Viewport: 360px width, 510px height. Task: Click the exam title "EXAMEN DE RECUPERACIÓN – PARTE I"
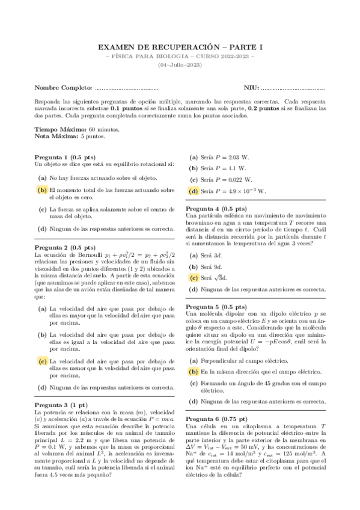click(180, 47)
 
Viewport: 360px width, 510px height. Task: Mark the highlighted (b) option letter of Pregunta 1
click(42, 189)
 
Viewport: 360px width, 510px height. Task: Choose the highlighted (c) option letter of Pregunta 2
click(42, 361)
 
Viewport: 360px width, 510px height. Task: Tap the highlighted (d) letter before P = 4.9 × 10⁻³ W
click(194, 191)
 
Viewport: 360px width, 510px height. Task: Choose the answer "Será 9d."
click(214, 266)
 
